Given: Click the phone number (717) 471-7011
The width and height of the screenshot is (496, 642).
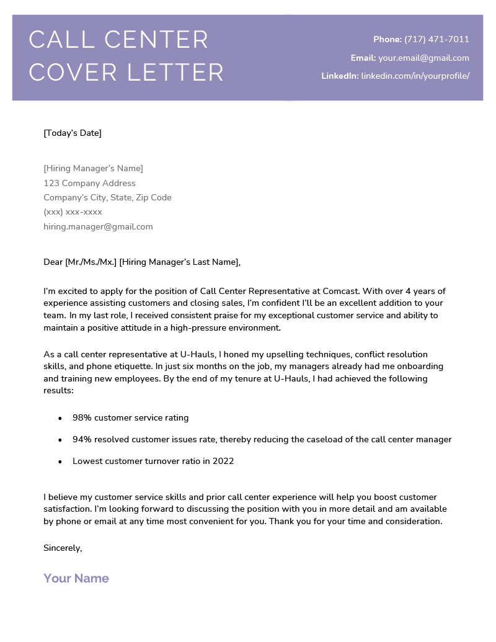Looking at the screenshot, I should (x=436, y=40).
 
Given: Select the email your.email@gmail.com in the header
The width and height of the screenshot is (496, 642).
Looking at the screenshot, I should (x=423, y=58).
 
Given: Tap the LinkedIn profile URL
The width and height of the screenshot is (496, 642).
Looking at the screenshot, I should (x=415, y=76).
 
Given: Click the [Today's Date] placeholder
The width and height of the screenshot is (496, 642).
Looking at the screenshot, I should (x=73, y=133).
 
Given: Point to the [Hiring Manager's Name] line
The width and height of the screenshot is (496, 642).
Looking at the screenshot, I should (x=93, y=169).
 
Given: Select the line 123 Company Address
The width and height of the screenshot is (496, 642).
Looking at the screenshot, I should (x=89, y=183).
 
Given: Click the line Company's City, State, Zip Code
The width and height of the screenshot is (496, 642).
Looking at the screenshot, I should (x=107, y=198).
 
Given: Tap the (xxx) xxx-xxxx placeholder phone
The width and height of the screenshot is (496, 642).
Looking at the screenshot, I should (x=73, y=212).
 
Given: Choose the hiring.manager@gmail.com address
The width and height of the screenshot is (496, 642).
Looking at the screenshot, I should (x=98, y=226).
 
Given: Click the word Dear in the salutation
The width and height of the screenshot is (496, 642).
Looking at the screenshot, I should (x=53, y=262).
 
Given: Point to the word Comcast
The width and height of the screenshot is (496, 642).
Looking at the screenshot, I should (x=341, y=291).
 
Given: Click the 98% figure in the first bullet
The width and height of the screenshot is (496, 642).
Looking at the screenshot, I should (x=82, y=418).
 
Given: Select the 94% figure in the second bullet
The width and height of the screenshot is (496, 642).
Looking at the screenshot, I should (x=82, y=440).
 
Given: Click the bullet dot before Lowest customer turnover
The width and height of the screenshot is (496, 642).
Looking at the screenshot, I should (x=60, y=462).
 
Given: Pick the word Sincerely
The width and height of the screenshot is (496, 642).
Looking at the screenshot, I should (x=63, y=548).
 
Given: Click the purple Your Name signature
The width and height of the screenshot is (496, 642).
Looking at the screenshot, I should (x=76, y=578).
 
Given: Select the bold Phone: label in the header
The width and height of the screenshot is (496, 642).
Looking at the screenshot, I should (x=387, y=40).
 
